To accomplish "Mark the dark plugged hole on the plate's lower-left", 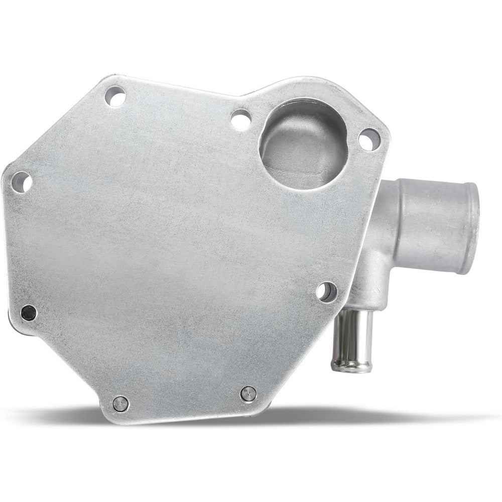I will click(x=28, y=312).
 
